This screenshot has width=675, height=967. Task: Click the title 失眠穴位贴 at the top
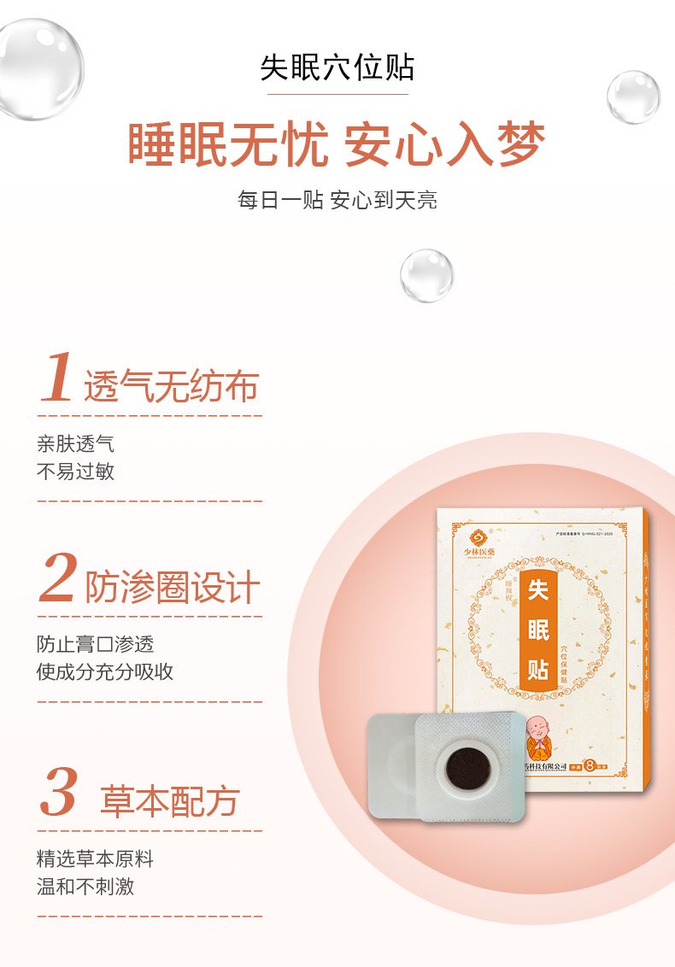pyautogui.click(x=337, y=67)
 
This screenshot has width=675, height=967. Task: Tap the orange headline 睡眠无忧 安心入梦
pyautogui.click(x=337, y=144)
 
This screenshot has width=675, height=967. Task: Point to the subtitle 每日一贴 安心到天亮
pyautogui.click(x=337, y=201)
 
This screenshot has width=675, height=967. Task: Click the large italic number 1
pyautogui.click(x=57, y=377)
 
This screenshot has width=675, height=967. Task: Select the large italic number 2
pyautogui.click(x=58, y=578)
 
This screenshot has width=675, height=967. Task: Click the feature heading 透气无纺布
pyautogui.click(x=171, y=388)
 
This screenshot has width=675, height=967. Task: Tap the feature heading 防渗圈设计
pyautogui.click(x=173, y=588)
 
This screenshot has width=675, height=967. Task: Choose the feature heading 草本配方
pyautogui.click(x=170, y=801)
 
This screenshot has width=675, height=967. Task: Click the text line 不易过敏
pyautogui.click(x=75, y=472)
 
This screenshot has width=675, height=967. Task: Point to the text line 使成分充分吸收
pyautogui.click(x=105, y=671)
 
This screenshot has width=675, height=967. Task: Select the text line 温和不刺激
pyautogui.click(x=85, y=886)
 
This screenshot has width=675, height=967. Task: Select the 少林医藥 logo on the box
pyautogui.click(x=479, y=542)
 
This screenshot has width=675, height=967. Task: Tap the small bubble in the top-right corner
pyautogui.click(x=633, y=97)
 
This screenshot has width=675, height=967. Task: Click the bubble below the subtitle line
pyautogui.click(x=426, y=275)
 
